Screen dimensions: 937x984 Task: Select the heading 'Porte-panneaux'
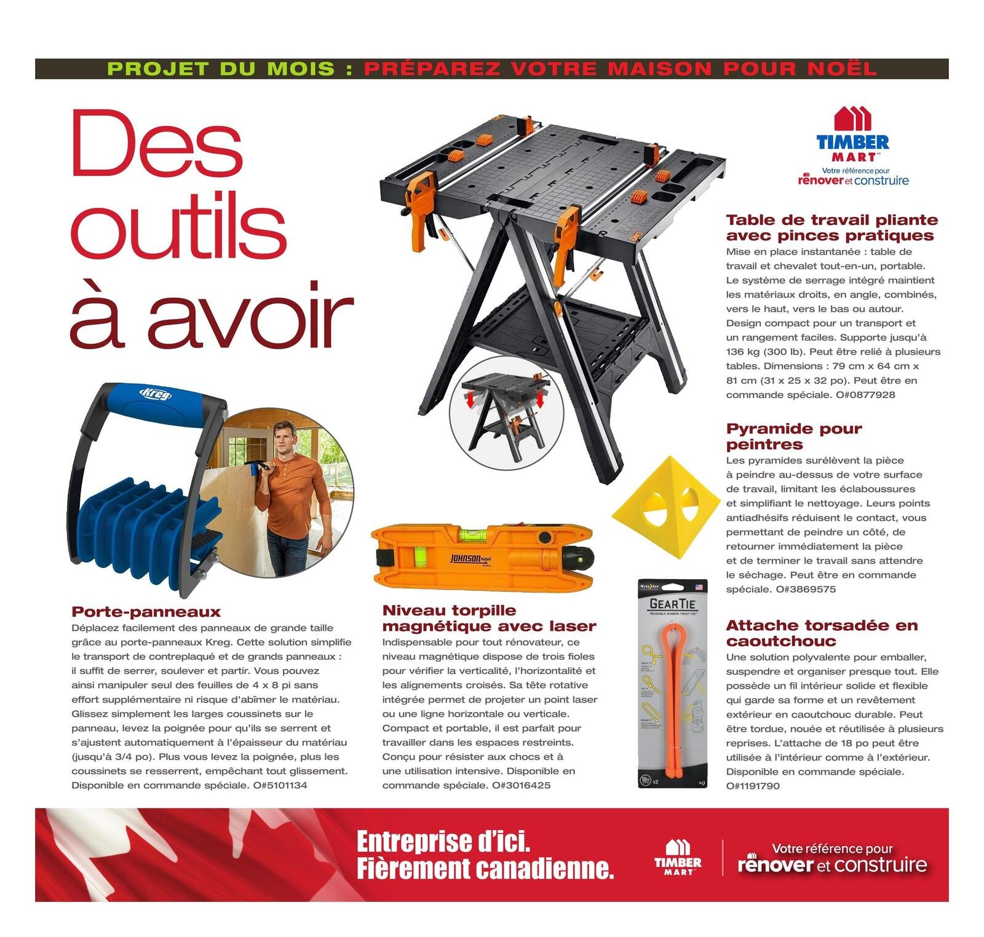click(x=146, y=612)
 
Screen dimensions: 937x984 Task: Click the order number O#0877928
click(x=865, y=395)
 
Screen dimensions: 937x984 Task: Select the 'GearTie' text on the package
click(x=672, y=603)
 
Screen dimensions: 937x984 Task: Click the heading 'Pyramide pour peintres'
click(x=793, y=437)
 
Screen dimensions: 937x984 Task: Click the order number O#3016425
click(x=521, y=785)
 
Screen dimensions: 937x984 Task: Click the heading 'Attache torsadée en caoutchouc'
click(x=822, y=633)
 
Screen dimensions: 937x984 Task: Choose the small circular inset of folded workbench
click(x=507, y=411)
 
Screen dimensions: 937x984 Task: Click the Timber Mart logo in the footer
click(x=678, y=858)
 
